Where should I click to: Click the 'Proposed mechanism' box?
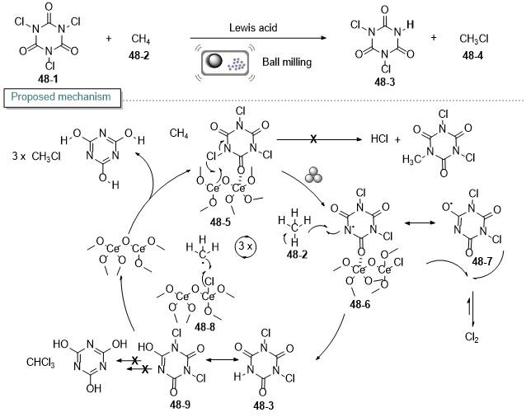[x=63, y=97]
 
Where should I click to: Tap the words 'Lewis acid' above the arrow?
[x=253, y=27]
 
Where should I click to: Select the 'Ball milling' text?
[x=287, y=62]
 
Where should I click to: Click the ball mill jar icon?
[x=225, y=63]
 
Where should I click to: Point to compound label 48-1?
[x=48, y=79]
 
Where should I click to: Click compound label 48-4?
[x=472, y=56]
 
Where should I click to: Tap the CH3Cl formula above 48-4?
[x=474, y=40]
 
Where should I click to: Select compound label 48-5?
[x=220, y=222]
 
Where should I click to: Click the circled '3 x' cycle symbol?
[x=245, y=247]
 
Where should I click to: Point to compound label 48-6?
[x=360, y=304]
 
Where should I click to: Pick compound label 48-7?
[x=481, y=261]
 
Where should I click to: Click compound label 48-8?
[x=204, y=327]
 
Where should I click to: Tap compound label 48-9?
[x=180, y=405]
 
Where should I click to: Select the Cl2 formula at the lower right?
[x=472, y=337]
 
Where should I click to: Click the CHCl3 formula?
[x=40, y=363]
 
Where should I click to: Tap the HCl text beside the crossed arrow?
[x=379, y=138]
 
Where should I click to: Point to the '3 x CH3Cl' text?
[x=36, y=157]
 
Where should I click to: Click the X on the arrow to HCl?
[x=313, y=138]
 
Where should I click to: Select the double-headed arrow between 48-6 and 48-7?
[x=420, y=223]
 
